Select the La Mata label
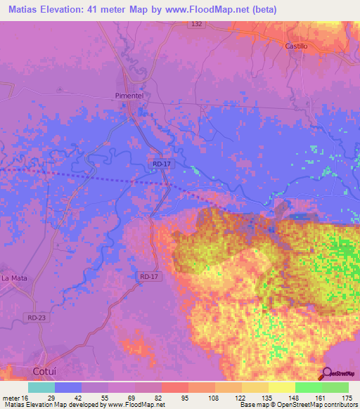click(x=14, y=278)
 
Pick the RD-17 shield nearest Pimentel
click(x=161, y=164)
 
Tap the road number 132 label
click(x=198, y=24)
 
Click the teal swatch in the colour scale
click(x=41, y=387)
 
